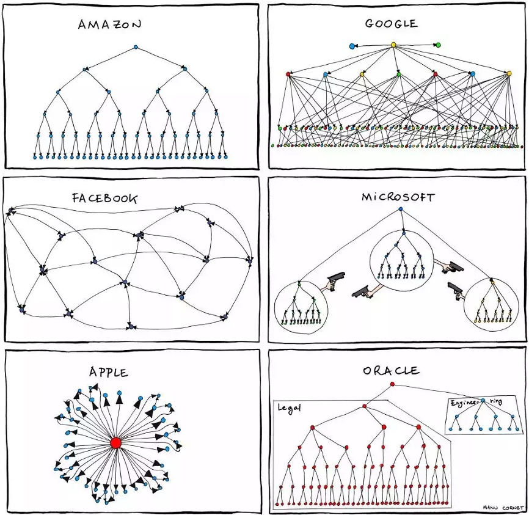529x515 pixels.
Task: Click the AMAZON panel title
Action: [109, 24]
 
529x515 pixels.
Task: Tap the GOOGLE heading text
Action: [392, 23]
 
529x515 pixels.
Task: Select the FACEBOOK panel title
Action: [105, 198]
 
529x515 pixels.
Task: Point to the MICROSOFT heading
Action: [398, 197]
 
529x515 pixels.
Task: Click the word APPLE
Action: [109, 372]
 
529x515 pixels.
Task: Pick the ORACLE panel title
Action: [392, 371]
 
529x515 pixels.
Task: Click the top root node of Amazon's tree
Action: [136, 47]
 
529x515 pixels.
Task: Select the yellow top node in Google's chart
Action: [393, 45]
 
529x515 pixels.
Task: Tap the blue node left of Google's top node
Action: [352, 46]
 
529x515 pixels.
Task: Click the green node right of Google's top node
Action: [438, 45]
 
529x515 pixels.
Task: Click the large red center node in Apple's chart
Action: [115, 443]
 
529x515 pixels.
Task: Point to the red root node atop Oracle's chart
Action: [392, 384]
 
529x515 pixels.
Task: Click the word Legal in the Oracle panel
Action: [289, 407]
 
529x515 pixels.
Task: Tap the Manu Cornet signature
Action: [503, 508]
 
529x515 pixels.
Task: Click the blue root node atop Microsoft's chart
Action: [401, 210]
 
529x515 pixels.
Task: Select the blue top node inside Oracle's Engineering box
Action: [483, 401]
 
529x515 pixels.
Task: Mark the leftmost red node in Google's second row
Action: [288, 74]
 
